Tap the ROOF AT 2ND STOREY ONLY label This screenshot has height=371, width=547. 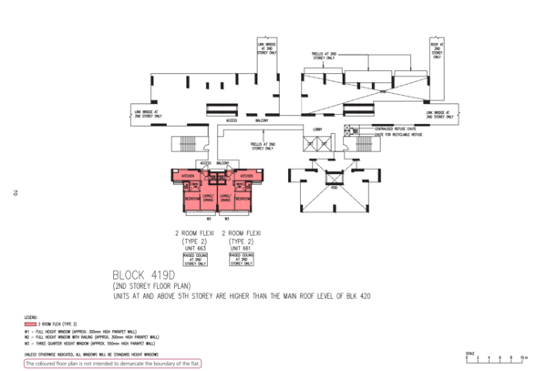(436, 49)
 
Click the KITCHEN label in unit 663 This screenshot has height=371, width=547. (190, 174)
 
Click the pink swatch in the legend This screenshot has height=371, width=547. (30, 323)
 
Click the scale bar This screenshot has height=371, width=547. (495, 358)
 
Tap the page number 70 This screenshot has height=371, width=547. (15, 191)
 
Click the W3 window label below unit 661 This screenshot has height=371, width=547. (226, 219)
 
